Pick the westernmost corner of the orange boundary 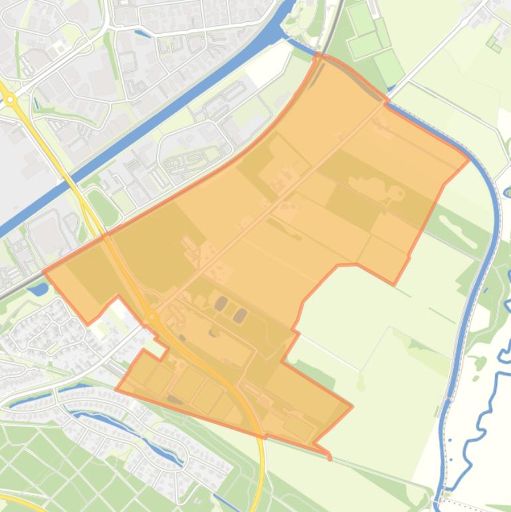click(44, 271)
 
